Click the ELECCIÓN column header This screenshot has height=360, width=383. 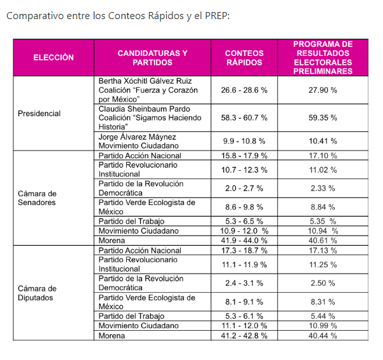click(x=53, y=58)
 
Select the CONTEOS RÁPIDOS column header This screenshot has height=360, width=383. click(x=244, y=58)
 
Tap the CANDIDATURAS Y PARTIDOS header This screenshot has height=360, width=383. click(x=152, y=58)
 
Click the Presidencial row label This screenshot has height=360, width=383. click(x=39, y=114)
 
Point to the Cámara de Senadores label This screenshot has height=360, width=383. click(x=37, y=198)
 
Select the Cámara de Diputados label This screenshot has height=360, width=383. click(x=37, y=293)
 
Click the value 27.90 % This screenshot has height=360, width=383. click(x=323, y=90)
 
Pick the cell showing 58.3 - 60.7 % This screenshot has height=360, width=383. click(x=244, y=118)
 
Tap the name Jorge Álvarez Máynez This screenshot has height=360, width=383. click(x=137, y=137)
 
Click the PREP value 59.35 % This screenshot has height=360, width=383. click(x=323, y=118)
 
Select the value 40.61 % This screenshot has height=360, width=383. click(x=323, y=241)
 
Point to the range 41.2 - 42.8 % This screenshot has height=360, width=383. click(x=244, y=335)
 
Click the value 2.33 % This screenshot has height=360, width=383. click(x=323, y=189)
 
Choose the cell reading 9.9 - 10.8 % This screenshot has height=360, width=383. click(x=244, y=141)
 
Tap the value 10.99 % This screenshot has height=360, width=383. click(x=323, y=326)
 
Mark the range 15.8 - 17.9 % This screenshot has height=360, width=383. click(x=244, y=156)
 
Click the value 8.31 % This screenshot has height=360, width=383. click(x=323, y=302)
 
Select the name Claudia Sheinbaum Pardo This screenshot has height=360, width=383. click(x=144, y=109)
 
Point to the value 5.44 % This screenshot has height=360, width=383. click(x=323, y=316)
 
